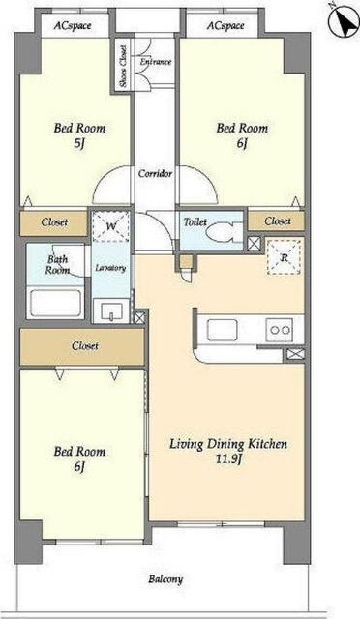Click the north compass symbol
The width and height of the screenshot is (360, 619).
(x=344, y=21)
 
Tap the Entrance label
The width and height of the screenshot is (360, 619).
(x=156, y=62)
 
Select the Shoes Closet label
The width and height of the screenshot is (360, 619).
(x=123, y=67)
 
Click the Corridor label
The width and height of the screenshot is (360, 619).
(x=155, y=173)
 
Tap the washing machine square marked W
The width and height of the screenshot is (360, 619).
(x=110, y=226)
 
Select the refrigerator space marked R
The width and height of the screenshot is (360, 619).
(x=285, y=257)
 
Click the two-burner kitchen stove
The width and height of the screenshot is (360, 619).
(x=280, y=330)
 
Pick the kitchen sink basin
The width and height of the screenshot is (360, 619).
(x=223, y=330)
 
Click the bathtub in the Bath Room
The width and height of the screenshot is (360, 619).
(x=55, y=303)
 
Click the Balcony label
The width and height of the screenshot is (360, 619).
(x=165, y=579)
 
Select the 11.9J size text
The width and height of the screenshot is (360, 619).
(x=228, y=460)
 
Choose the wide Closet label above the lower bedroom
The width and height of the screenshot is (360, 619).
(x=85, y=346)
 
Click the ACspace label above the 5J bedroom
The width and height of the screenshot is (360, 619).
(x=73, y=26)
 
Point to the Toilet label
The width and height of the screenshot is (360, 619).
(x=195, y=222)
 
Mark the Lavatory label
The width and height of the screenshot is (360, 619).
(x=110, y=268)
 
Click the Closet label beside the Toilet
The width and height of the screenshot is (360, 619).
(x=278, y=221)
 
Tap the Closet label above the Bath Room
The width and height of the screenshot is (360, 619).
(x=54, y=222)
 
